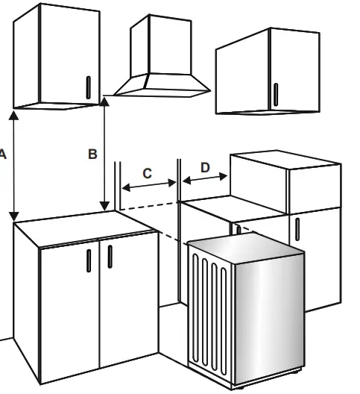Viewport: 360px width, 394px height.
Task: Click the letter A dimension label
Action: tap(3, 154)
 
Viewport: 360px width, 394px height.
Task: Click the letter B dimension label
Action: tap(92, 154)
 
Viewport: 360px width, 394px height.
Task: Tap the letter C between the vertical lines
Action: tap(147, 173)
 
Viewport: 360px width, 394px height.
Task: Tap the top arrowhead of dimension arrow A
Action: tap(13, 115)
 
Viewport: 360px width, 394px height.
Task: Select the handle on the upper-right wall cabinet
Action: tap(275, 94)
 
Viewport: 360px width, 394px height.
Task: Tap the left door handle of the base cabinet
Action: tap(89, 260)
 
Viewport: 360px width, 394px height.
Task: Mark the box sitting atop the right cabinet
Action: tap(283, 179)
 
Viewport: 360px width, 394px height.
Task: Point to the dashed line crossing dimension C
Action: tap(149, 203)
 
